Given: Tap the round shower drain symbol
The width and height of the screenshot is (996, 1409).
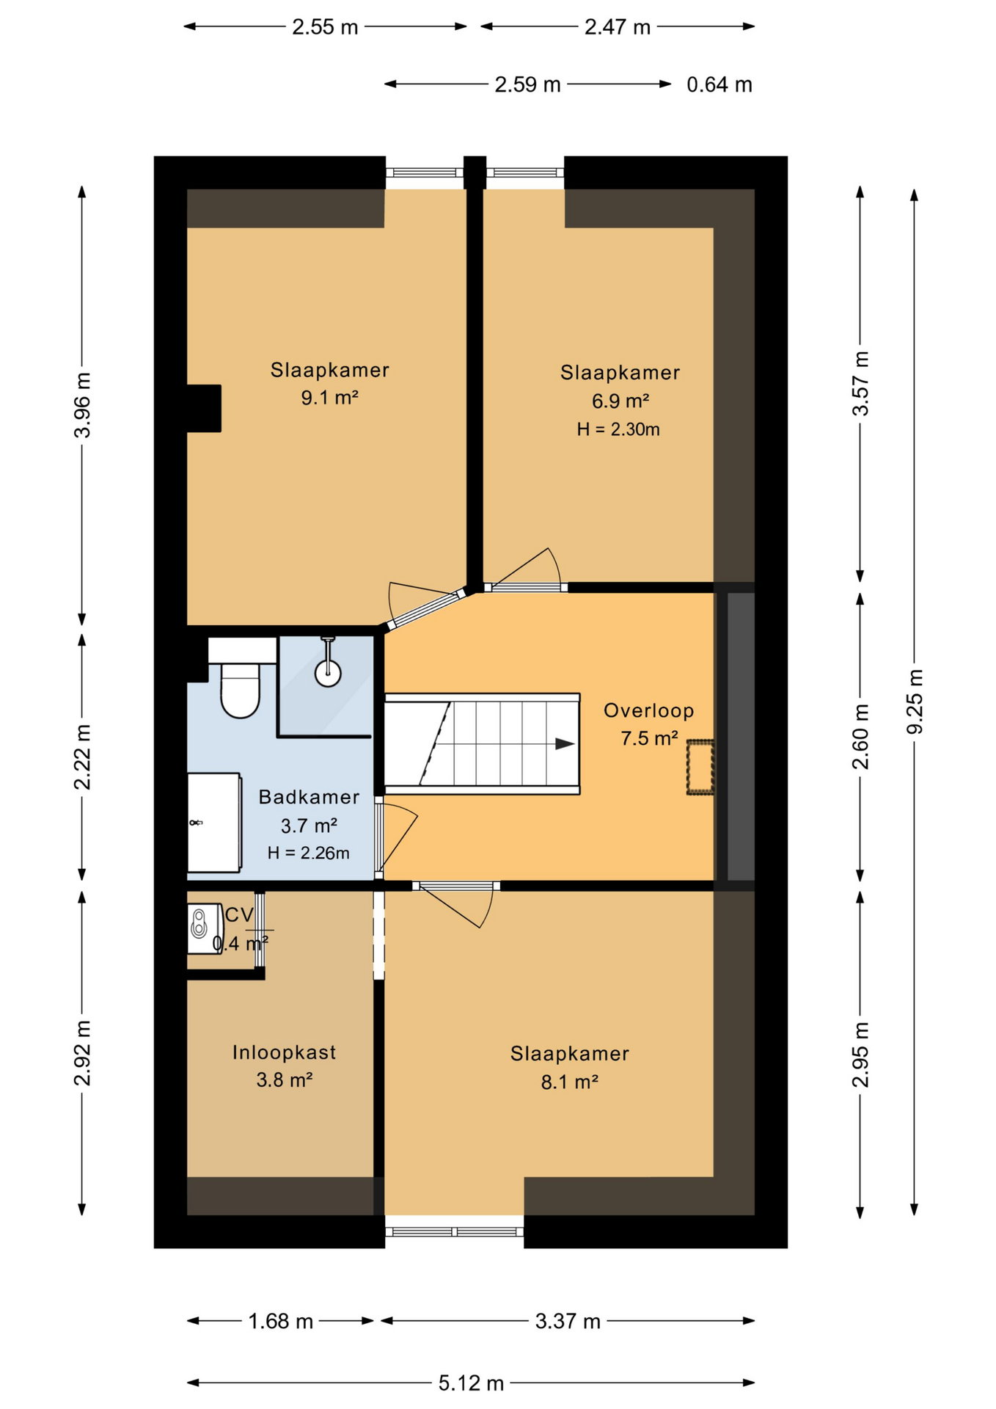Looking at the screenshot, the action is [x=328, y=673].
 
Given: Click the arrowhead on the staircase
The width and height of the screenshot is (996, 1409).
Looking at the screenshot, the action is [x=564, y=743].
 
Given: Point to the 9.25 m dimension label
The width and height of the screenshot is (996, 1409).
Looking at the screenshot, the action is [x=915, y=701].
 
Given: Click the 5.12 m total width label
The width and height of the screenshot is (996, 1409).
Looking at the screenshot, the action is [x=471, y=1383].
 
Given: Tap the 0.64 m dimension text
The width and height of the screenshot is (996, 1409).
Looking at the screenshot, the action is [x=719, y=84].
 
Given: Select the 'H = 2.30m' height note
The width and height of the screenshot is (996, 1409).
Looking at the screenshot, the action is [x=618, y=429].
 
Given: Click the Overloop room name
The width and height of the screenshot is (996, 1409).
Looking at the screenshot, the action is [x=648, y=710].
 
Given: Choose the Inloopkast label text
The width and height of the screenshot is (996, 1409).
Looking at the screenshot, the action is [x=284, y=1052].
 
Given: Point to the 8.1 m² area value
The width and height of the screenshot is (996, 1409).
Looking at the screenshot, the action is [x=569, y=1082].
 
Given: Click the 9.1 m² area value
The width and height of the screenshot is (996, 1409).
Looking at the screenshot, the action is [x=329, y=398].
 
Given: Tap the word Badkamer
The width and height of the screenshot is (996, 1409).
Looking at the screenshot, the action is [x=309, y=797].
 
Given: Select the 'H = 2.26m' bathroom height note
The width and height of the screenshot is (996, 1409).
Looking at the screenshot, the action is [x=308, y=853].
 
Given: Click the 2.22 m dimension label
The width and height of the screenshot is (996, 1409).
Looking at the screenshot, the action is [x=82, y=757].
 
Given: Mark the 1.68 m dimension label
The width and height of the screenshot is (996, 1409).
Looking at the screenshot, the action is [x=280, y=1321].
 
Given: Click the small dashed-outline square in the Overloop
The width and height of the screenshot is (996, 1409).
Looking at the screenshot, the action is [x=700, y=768].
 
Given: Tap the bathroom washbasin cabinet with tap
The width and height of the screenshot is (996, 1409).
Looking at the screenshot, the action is [x=214, y=823].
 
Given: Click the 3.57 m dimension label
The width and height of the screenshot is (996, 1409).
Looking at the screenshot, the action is [x=860, y=383].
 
